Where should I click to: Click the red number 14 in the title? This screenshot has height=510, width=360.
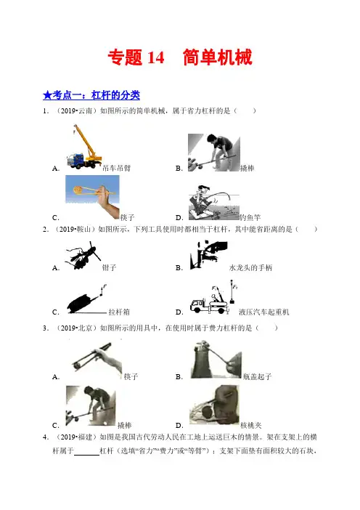[156, 58]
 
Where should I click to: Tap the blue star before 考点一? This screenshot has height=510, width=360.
[47, 95]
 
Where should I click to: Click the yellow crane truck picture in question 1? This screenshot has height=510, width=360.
[84, 147]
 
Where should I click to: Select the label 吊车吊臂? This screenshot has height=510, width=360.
[116, 168]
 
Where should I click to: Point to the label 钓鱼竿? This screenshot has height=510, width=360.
[250, 217]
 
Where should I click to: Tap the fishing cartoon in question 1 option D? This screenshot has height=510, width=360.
[214, 202]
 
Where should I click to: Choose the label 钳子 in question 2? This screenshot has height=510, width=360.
[109, 267]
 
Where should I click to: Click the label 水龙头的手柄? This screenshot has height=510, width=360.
[250, 267]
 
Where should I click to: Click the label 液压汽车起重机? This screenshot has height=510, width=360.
[263, 312]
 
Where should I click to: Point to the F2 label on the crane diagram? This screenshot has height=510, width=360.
[236, 287]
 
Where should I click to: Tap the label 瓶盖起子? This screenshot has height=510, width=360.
[257, 376]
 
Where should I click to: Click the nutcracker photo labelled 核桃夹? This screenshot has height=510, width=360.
[214, 405]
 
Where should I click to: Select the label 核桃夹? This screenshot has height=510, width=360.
[251, 425]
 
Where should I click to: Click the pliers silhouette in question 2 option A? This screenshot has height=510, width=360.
[83, 256]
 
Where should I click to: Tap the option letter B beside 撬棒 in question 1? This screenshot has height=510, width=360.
[179, 168]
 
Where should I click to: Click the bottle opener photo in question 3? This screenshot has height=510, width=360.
[216, 359]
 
